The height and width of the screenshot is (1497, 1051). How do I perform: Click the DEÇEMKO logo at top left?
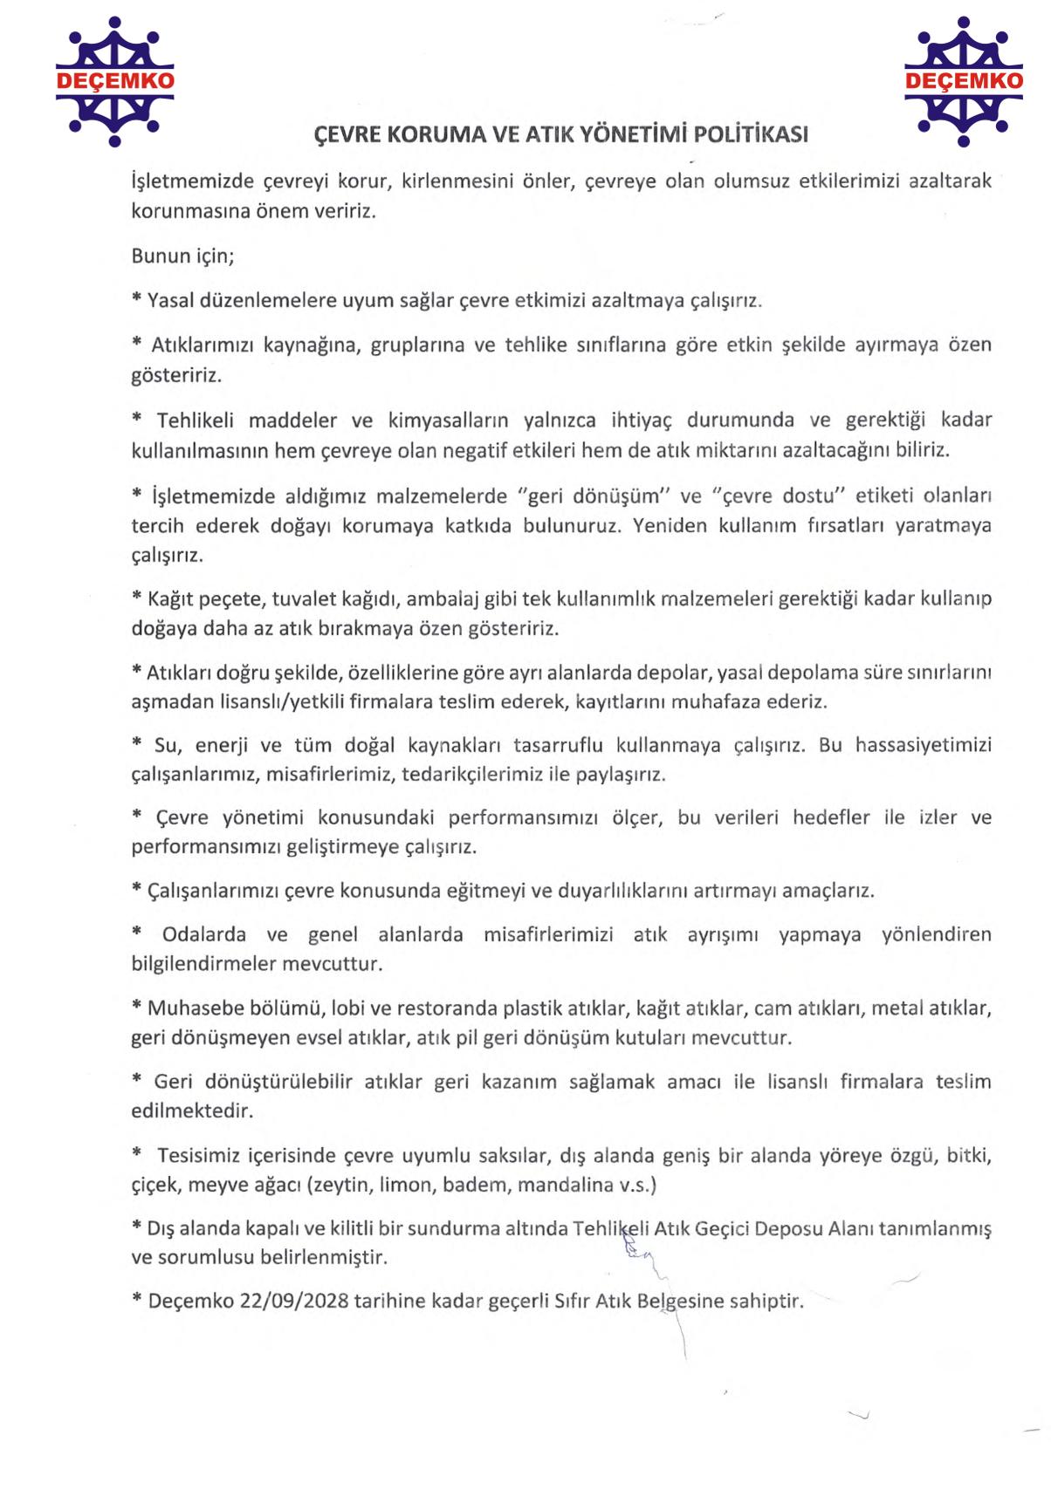click(x=114, y=81)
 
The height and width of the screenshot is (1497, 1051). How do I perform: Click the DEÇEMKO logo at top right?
click(x=963, y=81)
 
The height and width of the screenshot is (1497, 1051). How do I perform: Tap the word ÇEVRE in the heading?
click(x=347, y=134)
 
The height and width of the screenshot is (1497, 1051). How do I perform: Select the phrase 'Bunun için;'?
click(x=182, y=256)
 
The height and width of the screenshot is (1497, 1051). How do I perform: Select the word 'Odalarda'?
click(x=203, y=934)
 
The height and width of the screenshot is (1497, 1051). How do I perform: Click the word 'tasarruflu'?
click(x=557, y=745)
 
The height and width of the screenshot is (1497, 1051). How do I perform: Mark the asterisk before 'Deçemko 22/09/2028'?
click(x=137, y=1299)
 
